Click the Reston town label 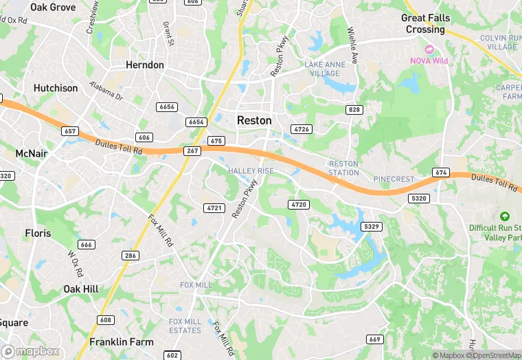tap(254, 120)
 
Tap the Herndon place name tap(145, 65)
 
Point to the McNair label tap(32, 153)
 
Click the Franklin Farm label tap(121, 341)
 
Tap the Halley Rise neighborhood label tap(251, 170)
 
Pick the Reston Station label tap(344, 168)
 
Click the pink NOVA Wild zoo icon tap(430, 49)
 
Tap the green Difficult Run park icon tap(506, 216)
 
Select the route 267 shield tap(192, 150)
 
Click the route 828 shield tap(354, 110)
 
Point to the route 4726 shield tap(301, 129)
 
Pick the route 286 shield tap(130, 256)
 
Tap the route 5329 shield tap(372, 227)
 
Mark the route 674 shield tap(440, 172)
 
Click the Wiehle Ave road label tap(353, 45)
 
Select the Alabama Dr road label tap(106, 92)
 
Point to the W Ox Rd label tap(74, 263)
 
